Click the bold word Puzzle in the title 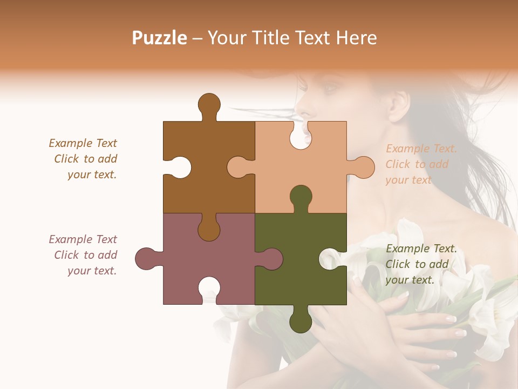[160, 38]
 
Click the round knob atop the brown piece [209, 104]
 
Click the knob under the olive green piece [301, 322]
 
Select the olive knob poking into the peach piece [301, 197]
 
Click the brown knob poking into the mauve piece [209, 229]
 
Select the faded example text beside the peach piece [421, 164]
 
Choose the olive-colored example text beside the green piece [421, 264]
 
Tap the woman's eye [330, 86]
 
